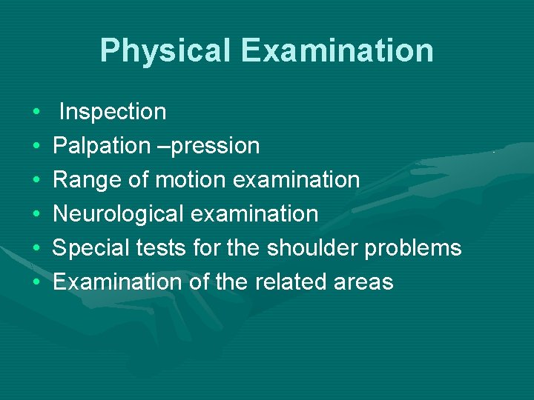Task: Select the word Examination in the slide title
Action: [337, 50]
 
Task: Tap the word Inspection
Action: [113, 112]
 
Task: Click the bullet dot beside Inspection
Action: [36, 113]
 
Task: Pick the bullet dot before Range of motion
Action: [36, 181]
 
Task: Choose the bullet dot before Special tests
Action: [36, 249]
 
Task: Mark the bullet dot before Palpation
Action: [36, 147]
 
